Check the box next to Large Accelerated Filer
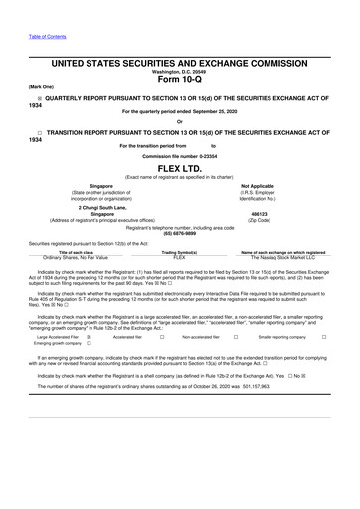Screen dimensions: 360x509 tap(89, 337)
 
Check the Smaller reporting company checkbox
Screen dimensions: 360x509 tap(324, 337)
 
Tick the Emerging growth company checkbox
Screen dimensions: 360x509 tap(89, 344)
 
